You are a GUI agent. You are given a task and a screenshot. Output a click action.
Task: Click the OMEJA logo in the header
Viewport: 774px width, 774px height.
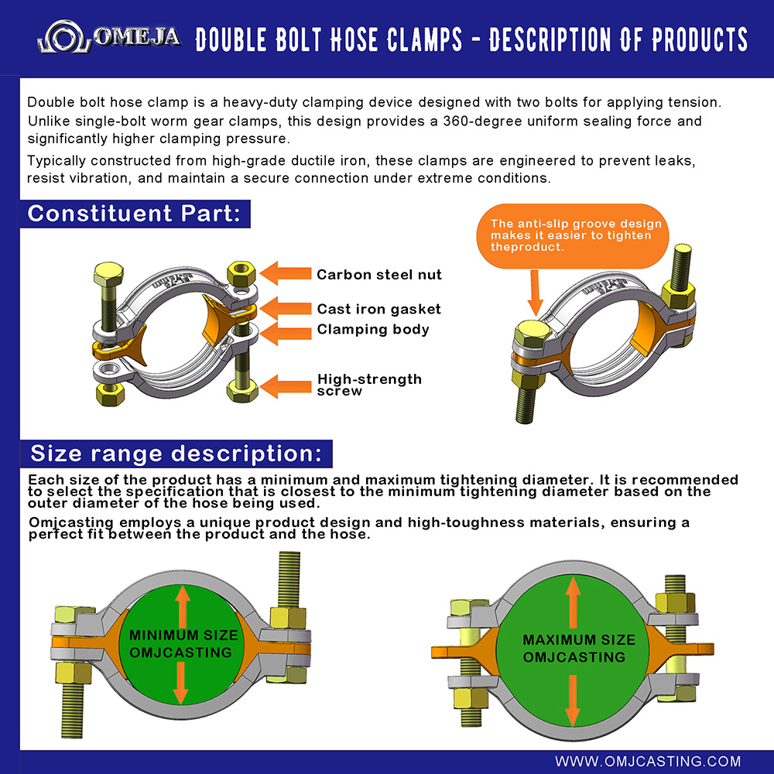(108, 38)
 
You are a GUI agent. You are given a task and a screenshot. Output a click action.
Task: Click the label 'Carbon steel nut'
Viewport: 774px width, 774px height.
(379, 274)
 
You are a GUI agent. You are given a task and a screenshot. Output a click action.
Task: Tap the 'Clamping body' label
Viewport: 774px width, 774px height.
(373, 329)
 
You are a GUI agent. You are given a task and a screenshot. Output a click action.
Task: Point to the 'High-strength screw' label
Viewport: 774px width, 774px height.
(369, 385)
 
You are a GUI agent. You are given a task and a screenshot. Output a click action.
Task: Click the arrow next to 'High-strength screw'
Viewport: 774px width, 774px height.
(286, 385)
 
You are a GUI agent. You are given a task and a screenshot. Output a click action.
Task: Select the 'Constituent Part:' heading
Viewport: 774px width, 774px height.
(135, 214)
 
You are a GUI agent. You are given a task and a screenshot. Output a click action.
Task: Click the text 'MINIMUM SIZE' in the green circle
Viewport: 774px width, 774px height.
(183, 635)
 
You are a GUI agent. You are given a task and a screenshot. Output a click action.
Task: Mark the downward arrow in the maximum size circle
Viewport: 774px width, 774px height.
(573, 697)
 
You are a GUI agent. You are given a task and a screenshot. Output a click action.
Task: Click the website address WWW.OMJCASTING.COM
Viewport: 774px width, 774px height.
(648, 761)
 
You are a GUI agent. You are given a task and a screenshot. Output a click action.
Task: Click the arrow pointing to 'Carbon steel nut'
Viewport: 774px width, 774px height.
(286, 273)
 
